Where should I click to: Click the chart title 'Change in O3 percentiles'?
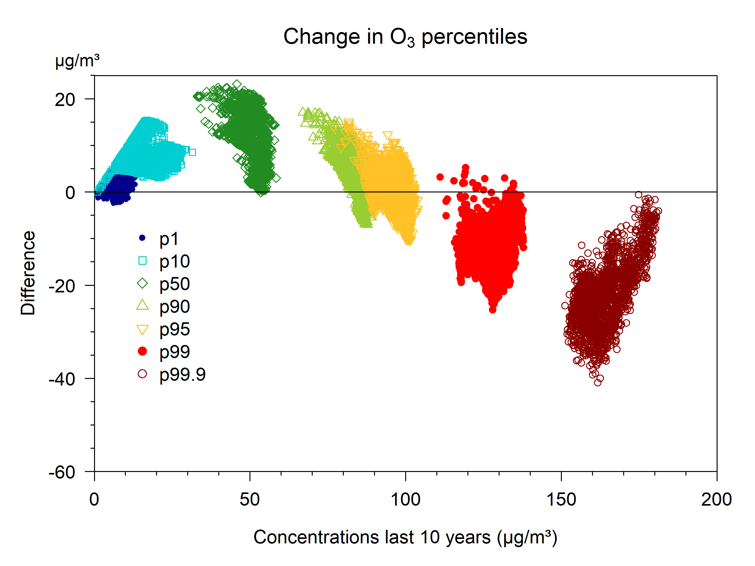coord(405,37)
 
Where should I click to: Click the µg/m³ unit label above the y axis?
coord(77,61)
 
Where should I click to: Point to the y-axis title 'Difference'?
coord(28,273)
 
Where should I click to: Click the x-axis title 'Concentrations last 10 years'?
coord(405,537)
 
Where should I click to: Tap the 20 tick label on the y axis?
coord(65,100)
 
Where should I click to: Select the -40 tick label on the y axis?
coord(62,379)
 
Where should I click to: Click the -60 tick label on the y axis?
coord(62,473)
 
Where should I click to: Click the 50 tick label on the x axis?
coord(249,499)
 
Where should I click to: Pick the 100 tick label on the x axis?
coord(405,499)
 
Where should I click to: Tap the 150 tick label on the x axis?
coord(561,499)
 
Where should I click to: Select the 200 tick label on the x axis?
coord(716,499)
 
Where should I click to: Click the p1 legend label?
coord(169,239)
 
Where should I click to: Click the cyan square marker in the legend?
coord(142,261)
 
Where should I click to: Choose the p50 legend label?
coord(174,284)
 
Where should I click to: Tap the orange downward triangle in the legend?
coord(142,330)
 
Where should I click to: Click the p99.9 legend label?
coord(182,375)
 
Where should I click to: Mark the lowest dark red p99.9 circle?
coord(597,383)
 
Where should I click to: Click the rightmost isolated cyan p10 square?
coord(192,152)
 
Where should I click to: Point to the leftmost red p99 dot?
coord(440,177)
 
